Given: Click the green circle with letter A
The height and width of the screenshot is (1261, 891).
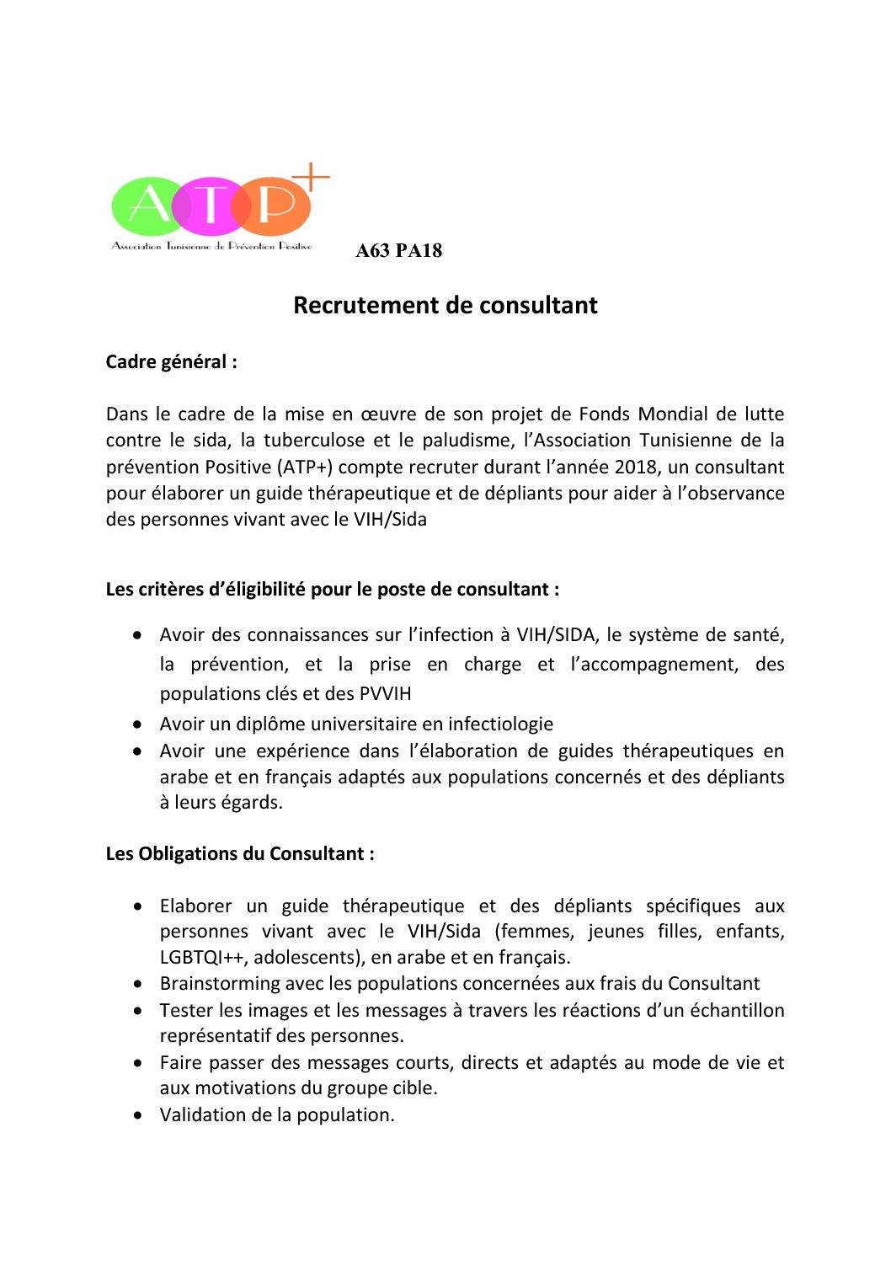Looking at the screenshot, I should (x=145, y=206).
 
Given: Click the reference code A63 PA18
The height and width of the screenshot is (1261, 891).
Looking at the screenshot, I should (x=398, y=251).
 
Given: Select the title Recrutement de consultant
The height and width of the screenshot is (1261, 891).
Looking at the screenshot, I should (x=445, y=305).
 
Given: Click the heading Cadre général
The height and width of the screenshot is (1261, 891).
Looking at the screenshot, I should (x=171, y=362).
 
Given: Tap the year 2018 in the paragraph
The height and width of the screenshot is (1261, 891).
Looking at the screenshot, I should (x=636, y=467).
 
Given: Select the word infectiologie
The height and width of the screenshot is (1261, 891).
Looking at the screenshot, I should (x=500, y=724).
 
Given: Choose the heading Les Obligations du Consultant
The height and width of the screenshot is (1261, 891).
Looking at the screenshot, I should (x=240, y=854).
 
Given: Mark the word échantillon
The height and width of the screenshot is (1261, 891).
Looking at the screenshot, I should (x=737, y=1011).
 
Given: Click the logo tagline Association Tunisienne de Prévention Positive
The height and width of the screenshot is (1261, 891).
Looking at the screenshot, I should (x=212, y=246).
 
